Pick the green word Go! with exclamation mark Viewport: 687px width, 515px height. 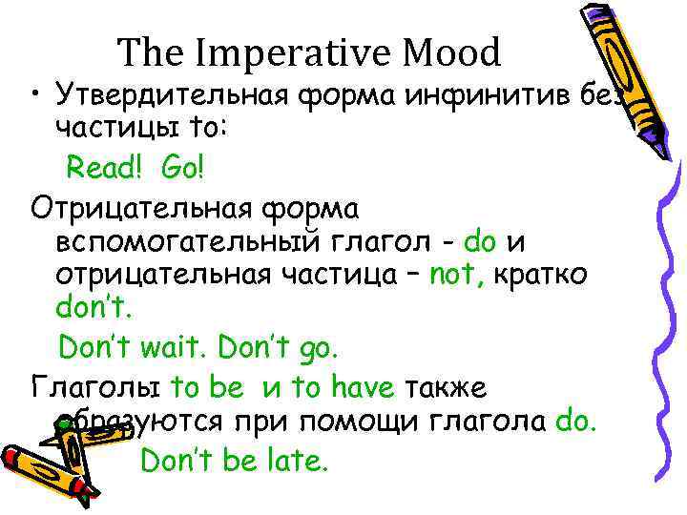point(182,169)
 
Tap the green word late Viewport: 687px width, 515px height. point(297,461)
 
